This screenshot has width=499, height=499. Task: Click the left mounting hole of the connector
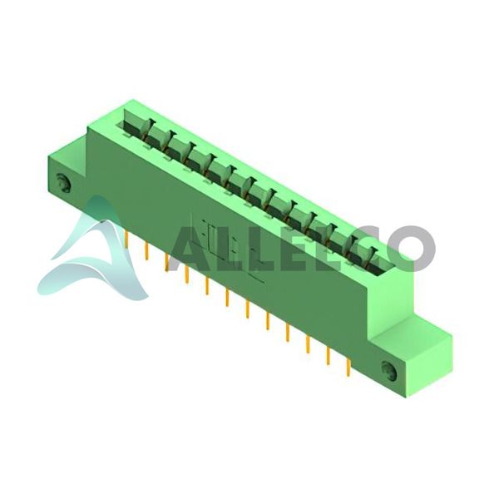point(64,182)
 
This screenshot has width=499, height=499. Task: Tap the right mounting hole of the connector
point(389,371)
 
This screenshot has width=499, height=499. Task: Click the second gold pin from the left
point(146,251)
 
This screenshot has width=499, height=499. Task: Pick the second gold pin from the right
point(329,356)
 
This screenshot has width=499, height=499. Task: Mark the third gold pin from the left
point(167,263)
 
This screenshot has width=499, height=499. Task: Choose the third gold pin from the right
point(308,344)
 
